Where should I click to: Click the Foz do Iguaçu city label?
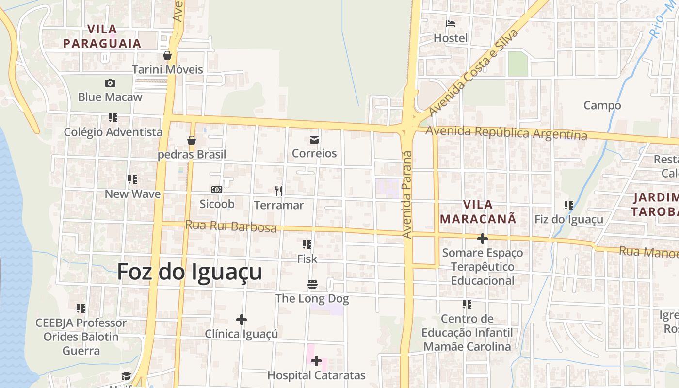[190, 272]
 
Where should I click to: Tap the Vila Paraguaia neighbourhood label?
[102, 36]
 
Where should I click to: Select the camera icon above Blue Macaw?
[110, 83]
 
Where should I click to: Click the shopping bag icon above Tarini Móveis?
[167, 55]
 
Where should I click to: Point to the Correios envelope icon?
[314, 140]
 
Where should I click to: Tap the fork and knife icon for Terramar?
[279, 191]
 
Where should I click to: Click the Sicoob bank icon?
[217, 190]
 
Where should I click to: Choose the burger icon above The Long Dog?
[312, 284]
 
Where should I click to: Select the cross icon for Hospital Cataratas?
[316, 361]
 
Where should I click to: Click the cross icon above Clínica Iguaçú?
[242, 320]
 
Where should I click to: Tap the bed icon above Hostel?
[451, 24]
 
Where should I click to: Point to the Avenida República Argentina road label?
[506, 132]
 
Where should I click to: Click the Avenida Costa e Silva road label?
[473, 72]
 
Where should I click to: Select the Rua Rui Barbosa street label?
[231, 226]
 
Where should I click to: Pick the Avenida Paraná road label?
[407, 194]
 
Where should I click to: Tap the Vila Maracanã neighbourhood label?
[478, 211]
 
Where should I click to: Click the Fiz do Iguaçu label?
[569, 219]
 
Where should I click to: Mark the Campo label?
[602, 105]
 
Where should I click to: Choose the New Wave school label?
[132, 194]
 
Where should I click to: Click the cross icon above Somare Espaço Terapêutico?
[482, 239]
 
